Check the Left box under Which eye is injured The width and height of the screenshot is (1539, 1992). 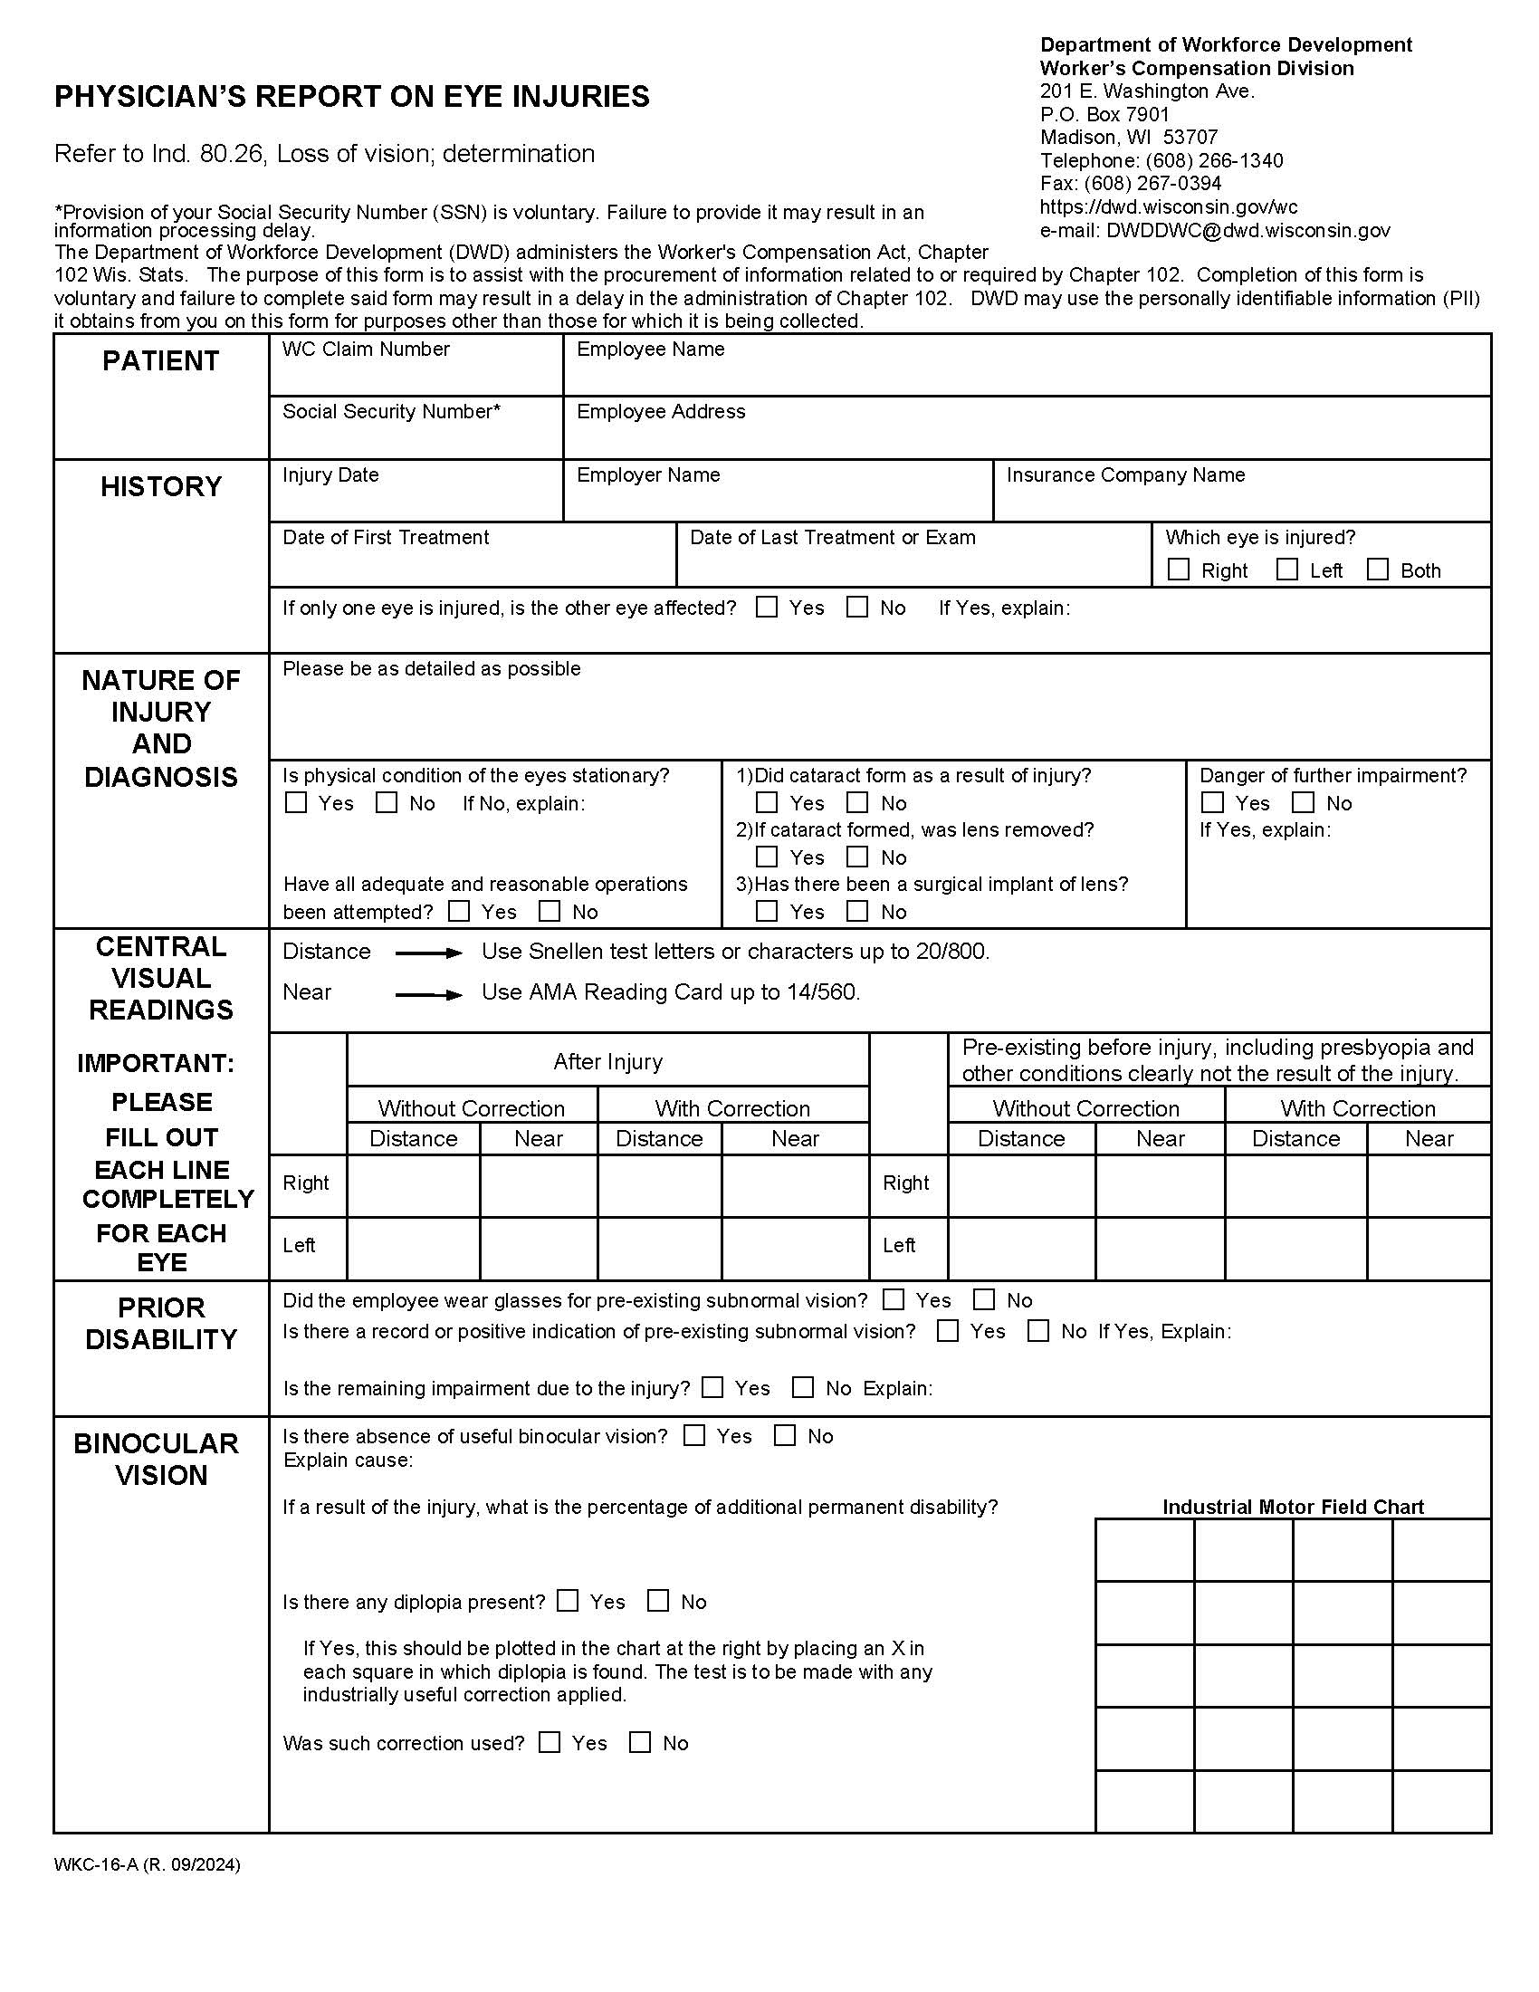[x=1286, y=570]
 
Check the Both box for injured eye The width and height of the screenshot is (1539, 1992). [x=1378, y=570]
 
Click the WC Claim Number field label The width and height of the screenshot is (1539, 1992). [x=366, y=350]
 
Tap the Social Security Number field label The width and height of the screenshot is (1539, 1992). [x=391, y=411]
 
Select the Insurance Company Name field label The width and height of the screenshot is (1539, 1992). [x=1125, y=474]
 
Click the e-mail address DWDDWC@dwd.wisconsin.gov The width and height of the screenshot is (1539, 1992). [x=1248, y=231]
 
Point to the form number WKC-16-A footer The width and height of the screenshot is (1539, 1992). [x=147, y=1865]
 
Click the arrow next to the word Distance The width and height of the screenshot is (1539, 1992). [x=428, y=953]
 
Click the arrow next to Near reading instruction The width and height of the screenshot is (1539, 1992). [x=428, y=994]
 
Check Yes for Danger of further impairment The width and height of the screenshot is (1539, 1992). [x=1211, y=802]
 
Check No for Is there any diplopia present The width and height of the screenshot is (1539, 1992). [x=657, y=1601]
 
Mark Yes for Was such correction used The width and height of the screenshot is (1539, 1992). [x=549, y=1742]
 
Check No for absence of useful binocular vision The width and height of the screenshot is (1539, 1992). [x=784, y=1436]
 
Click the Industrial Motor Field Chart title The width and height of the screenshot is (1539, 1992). [x=1292, y=1507]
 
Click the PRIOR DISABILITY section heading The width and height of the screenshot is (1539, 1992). [x=161, y=1324]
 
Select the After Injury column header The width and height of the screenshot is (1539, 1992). [x=607, y=1062]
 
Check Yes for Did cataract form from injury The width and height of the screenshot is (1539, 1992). [x=767, y=802]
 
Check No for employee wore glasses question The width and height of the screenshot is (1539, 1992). [x=984, y=1299]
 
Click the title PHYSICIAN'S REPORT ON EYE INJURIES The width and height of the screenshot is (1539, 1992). [x=352, y=97]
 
